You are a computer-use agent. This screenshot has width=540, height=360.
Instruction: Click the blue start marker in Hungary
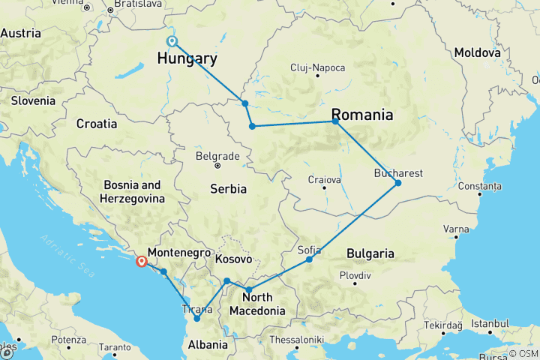(x=172, y=41)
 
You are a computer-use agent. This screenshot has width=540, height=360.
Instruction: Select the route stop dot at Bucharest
(x=398, y=183)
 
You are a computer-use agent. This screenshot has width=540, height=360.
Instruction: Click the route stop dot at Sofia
(x=309, y=259)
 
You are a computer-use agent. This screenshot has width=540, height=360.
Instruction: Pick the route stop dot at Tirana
(x=197, y=319)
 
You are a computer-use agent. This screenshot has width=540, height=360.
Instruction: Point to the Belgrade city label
(x=217, y=156)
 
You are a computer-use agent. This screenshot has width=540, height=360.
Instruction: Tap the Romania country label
(x=362, y=115)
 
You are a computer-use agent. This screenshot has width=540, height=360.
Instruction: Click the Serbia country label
(x=227, y=189)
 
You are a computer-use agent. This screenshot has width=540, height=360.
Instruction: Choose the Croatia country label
(x=97, y=123)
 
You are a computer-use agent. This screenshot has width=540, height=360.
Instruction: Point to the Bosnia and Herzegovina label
(x=132, y=191)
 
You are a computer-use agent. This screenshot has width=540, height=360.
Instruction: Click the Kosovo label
(x=232, y=259)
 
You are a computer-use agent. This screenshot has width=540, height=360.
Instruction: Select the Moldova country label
(x=476, y=53)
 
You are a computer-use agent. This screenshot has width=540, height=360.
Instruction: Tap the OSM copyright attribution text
(x=522, y=353)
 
